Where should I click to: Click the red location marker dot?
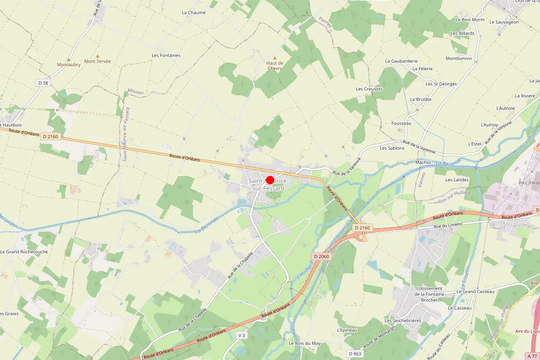(x=270, y=180)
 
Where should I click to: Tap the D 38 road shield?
(x=43, y=83)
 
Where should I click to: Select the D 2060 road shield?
(x=321, y=256)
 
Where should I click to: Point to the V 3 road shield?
(x=242, y=335)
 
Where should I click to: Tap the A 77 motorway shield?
(x=531, y=355)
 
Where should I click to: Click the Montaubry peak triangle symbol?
(x=69, y=59)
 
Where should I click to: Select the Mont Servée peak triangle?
(x=97, y=56)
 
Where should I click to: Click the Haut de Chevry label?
(x=274, y=66)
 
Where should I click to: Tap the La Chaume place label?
(x=193, y=13)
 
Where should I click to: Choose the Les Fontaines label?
(x=166, y=55)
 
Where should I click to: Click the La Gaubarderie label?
(x=401, y=61)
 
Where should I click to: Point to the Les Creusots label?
(x=369, y=89)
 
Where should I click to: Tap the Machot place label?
(x=423, y=162)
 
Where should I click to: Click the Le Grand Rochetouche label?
(x=24, y=252)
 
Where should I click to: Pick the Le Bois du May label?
(x=305, y=343)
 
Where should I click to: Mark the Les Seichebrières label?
(x=403, y=320)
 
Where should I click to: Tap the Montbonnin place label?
(x=459, y=58)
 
